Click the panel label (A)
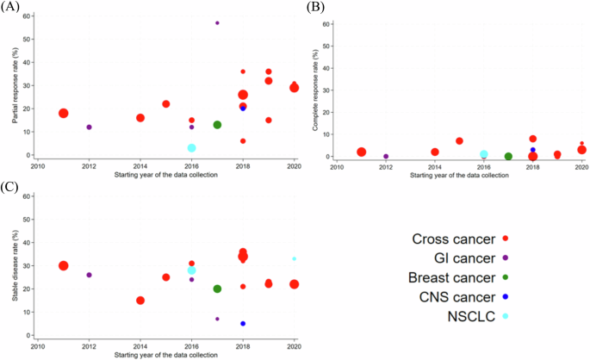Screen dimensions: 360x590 pos(11,7)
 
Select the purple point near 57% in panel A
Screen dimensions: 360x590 pos(217,22)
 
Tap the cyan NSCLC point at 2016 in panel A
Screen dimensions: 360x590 pos(191,148)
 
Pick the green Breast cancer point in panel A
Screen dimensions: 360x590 pos(217,125)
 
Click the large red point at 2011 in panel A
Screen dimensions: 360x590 pos(63,113)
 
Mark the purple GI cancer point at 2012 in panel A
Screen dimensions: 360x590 pos(89,127)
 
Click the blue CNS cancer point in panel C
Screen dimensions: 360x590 pos(243,324)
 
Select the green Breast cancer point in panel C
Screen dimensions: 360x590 pos(217,289)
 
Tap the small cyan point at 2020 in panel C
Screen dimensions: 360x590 pos(294,258)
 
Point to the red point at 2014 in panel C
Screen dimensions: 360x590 pos(140,301)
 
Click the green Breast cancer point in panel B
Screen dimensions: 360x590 pos(508,157)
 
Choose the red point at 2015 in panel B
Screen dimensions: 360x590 pos(459,140)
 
